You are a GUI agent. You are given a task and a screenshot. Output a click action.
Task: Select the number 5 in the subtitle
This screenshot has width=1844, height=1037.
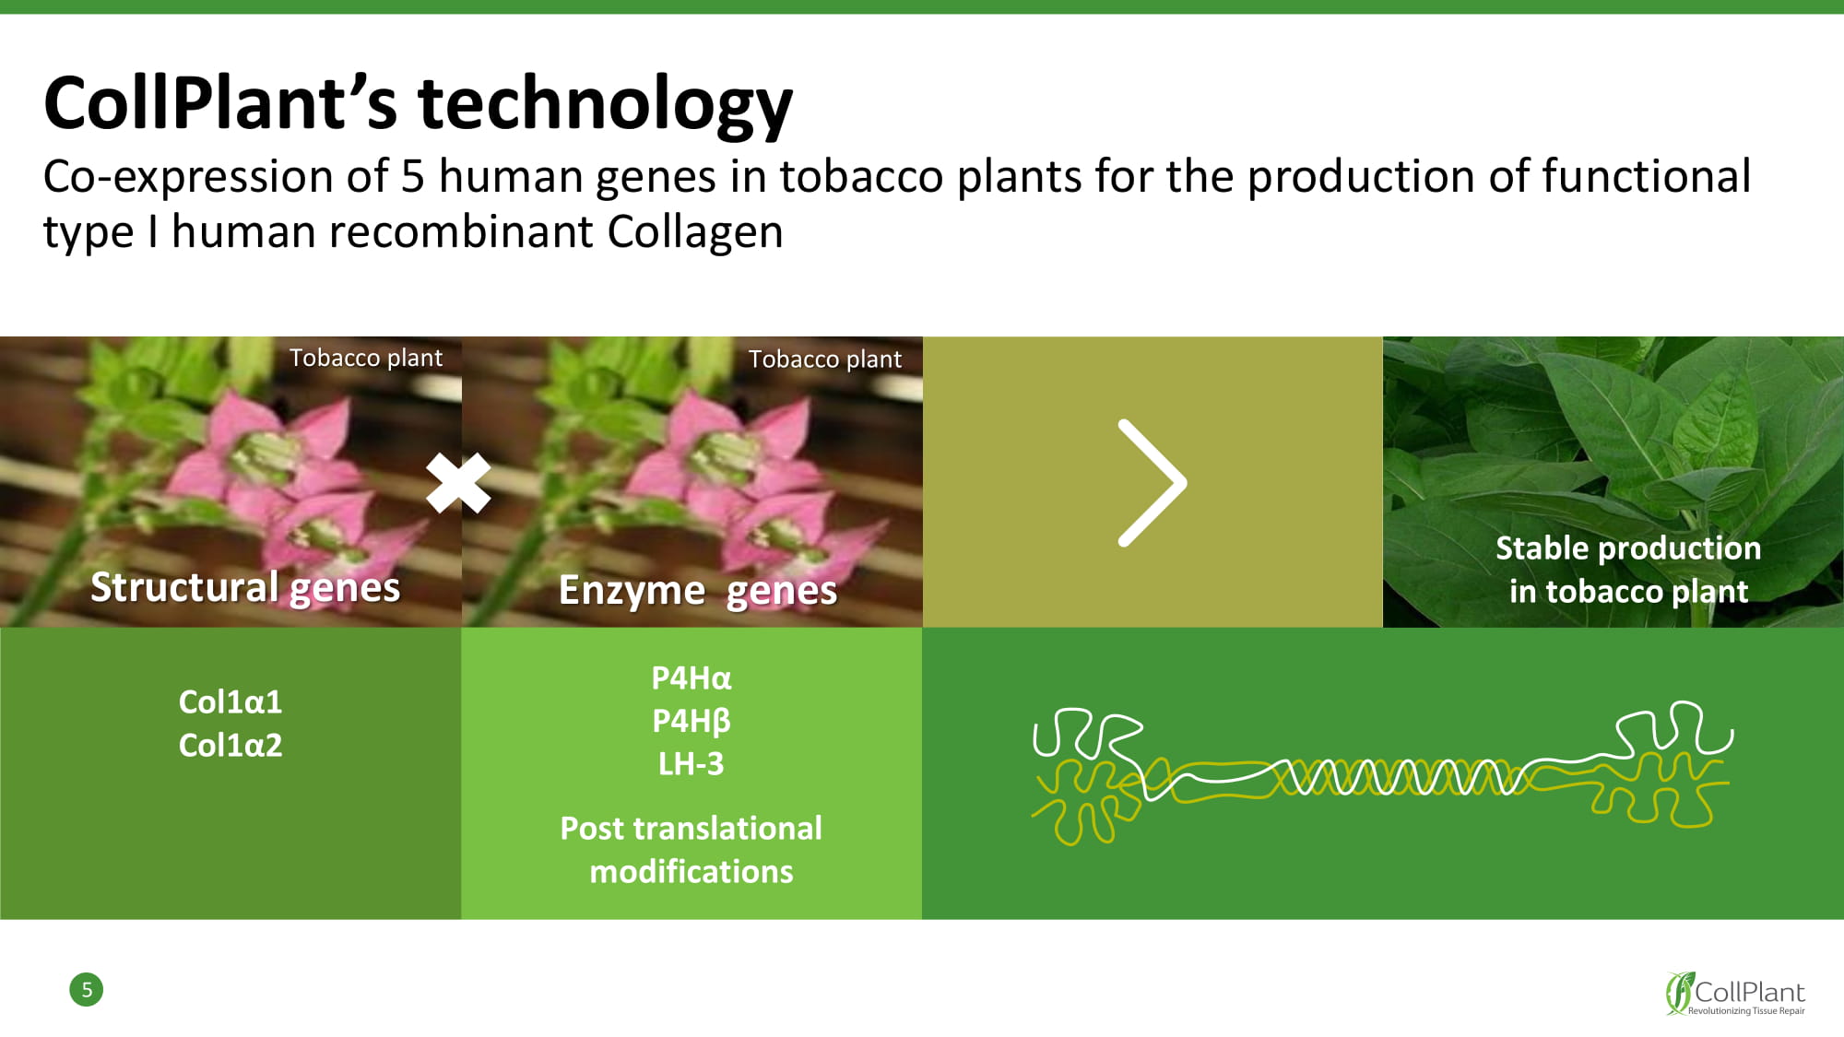412,176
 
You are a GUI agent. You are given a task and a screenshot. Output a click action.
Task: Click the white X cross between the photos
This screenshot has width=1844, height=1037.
458,483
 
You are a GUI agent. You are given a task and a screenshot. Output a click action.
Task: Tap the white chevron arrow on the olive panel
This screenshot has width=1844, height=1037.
1152,483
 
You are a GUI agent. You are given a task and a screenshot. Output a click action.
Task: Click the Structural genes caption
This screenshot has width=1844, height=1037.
245,587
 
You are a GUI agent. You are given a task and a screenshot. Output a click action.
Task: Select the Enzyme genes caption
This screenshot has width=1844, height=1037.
698,591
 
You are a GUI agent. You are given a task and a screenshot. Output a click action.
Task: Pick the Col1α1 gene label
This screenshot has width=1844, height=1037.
230,702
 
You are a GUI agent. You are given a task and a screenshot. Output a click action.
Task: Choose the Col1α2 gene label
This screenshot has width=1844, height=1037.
230,746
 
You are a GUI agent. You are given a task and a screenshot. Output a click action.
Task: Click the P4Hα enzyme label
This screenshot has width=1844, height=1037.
691,678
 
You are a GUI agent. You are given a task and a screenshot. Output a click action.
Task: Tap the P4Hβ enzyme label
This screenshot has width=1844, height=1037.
691,721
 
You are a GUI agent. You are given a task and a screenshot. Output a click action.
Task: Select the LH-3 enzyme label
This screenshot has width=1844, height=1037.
691,764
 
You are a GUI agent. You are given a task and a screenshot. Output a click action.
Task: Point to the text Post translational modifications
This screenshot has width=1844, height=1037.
691,850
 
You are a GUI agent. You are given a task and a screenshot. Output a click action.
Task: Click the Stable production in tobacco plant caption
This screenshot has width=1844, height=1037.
1628,570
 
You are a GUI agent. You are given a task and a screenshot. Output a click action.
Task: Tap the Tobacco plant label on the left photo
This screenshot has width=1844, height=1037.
366,358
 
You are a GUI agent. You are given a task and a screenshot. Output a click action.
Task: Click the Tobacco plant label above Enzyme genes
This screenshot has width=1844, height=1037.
825,359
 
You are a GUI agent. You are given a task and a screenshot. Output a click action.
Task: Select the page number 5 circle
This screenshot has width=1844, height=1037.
87,990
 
